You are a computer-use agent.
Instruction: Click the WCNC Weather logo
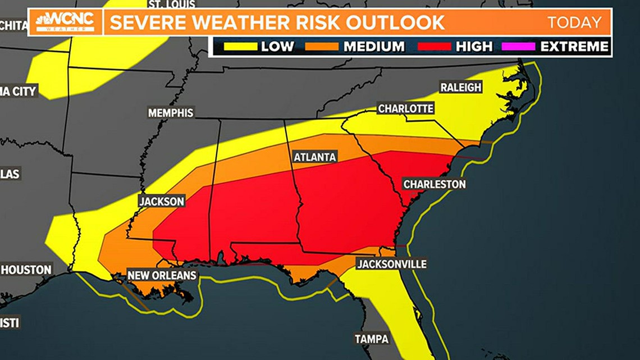65,22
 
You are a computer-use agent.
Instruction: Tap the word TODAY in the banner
574,22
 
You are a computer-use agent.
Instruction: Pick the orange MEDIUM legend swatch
322,46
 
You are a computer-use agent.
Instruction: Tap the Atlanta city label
315,157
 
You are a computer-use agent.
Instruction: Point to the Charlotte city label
405,108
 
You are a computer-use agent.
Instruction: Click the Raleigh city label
460,87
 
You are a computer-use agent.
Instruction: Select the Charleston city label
434,184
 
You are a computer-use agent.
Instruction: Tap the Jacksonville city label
392,264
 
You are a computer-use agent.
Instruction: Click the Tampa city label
371,339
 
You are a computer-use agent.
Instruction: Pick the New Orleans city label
162,275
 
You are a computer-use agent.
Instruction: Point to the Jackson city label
162,201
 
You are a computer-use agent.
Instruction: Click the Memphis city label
171,113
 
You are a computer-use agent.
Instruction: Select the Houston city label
26,270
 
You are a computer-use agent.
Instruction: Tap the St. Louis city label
171,4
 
